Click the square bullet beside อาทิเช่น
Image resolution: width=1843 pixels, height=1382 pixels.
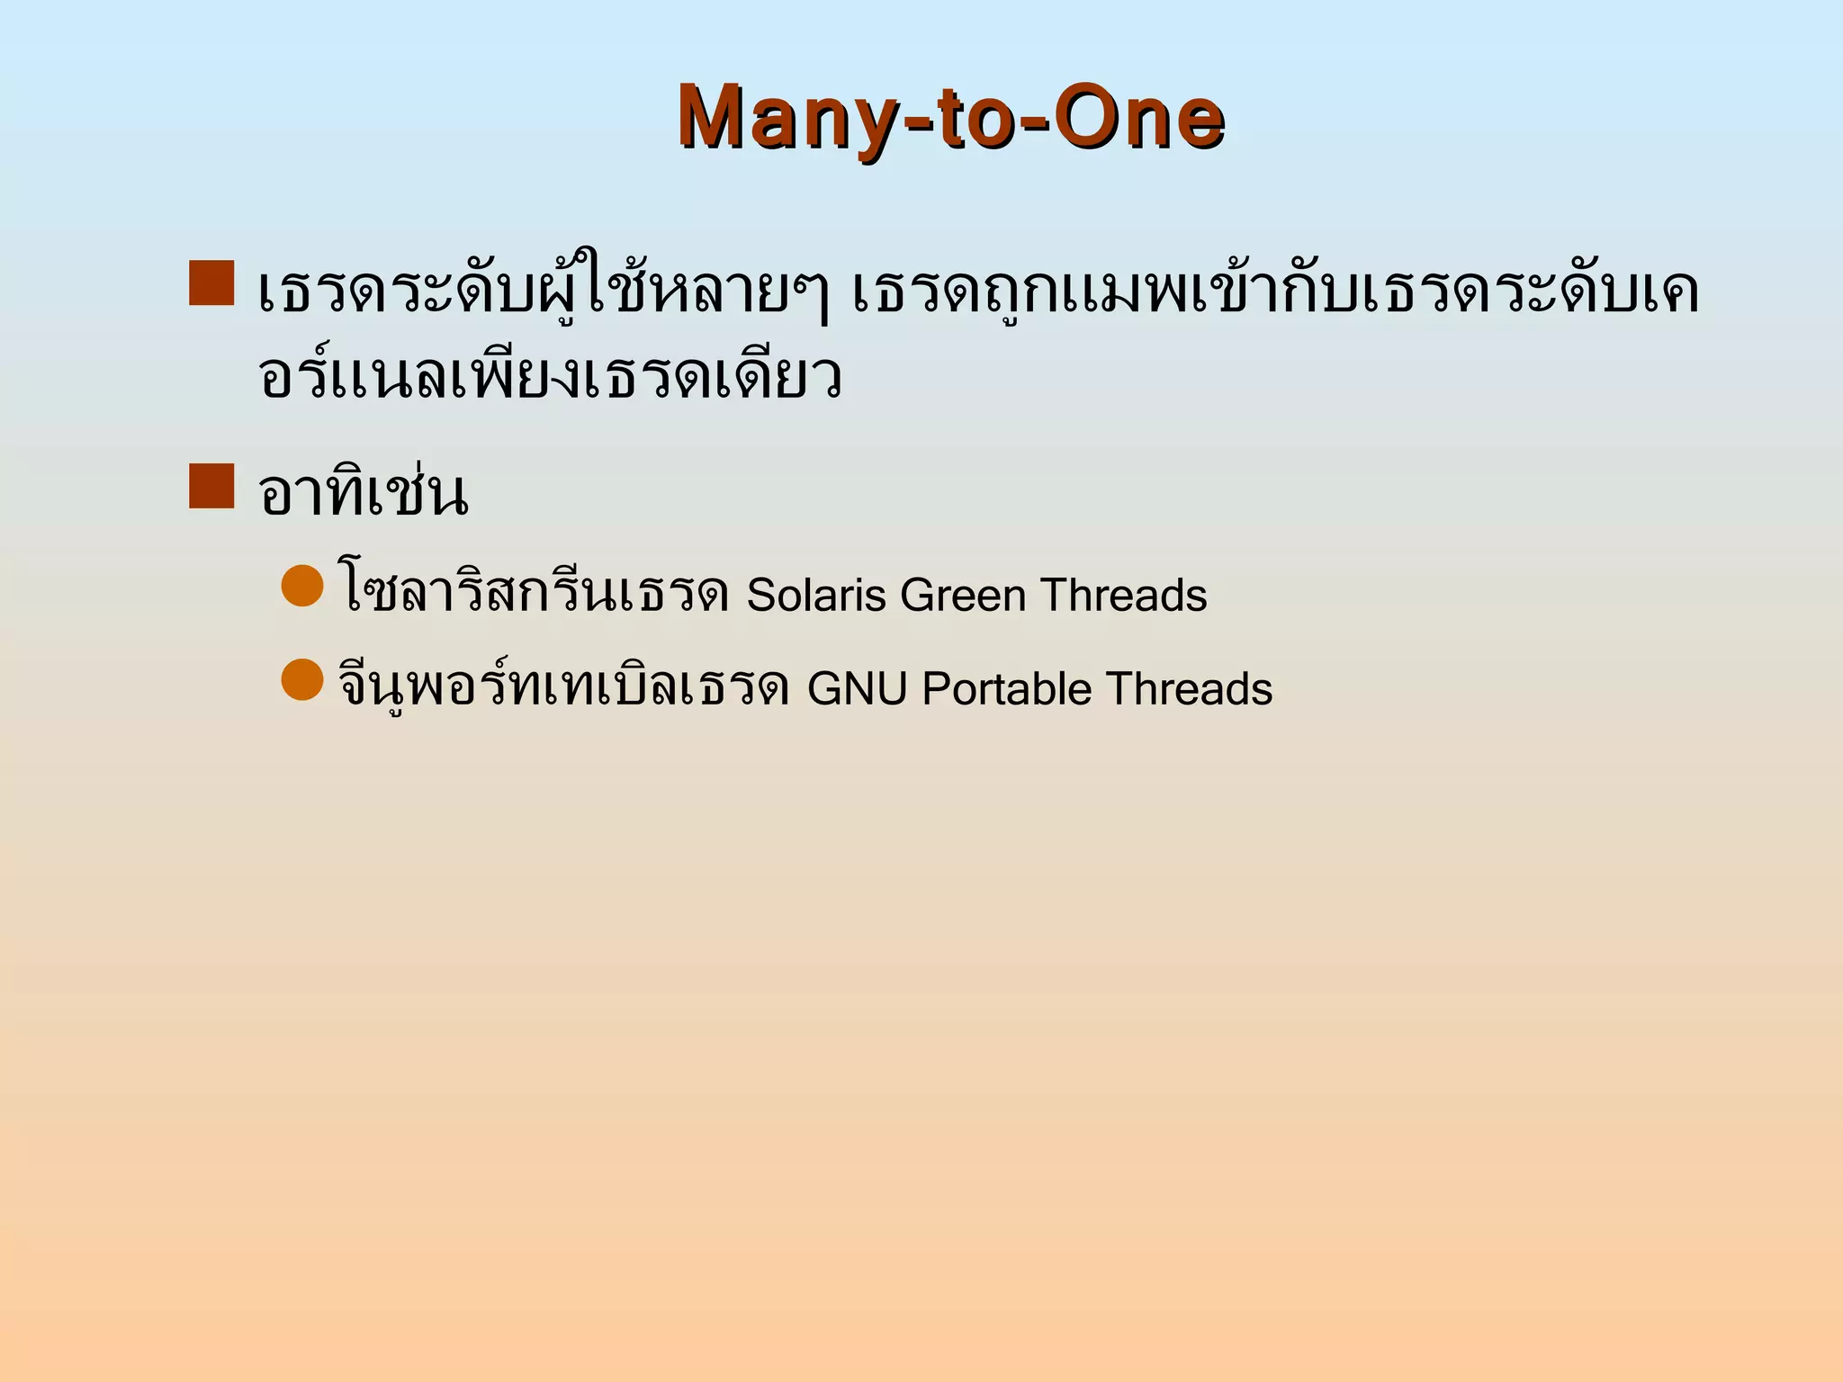(211, 486)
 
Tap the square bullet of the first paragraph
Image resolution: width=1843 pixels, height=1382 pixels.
(211, 283)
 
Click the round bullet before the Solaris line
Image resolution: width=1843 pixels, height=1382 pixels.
(302, 586)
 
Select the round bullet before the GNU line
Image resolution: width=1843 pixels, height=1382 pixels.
(302, 679)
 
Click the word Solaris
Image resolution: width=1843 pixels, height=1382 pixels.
(816, 596)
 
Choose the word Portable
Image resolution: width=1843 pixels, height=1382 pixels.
(1006, 689)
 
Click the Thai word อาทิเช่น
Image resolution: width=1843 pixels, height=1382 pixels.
(363, 493)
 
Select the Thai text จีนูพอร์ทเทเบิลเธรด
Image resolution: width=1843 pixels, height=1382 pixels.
(564, 686)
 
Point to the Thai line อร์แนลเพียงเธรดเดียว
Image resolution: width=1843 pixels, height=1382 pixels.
(549, 376)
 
